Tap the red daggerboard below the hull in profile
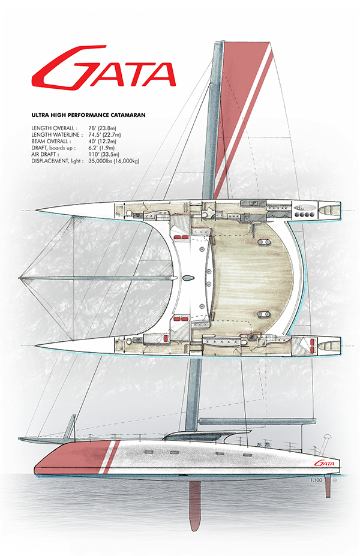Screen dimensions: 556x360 coord(195,504)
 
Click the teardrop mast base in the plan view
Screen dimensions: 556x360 coord(188,278)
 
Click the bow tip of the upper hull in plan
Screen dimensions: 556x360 coord(38,209)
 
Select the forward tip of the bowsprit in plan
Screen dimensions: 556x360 coord(20,278)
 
